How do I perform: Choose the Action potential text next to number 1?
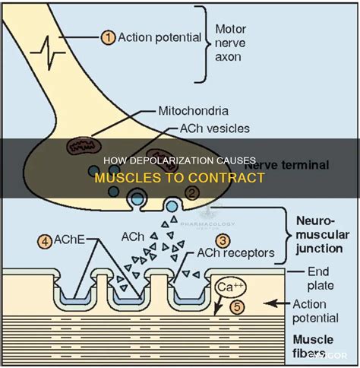[x=163, y=36]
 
